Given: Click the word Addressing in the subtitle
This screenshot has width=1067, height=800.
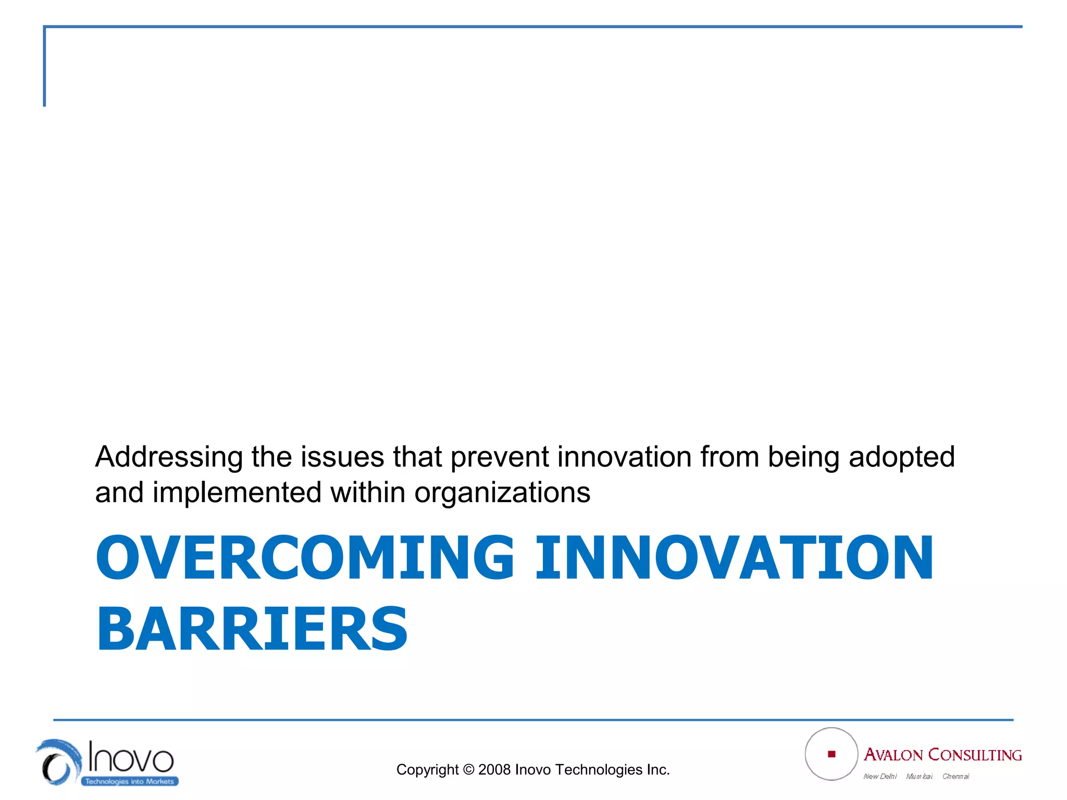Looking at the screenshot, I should tap(169, 457).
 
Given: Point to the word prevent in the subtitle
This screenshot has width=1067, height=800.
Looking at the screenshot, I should tap(500, 457).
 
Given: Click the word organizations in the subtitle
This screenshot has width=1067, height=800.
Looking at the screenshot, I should tap(502, 493).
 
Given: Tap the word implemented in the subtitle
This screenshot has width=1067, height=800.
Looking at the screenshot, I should tap(237, 493).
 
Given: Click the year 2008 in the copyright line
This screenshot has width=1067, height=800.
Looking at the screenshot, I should tap(494, 769).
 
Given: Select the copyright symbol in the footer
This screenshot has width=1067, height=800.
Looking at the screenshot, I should tap(468, 769).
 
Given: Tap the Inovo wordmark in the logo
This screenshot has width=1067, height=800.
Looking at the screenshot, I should tap(130, 757).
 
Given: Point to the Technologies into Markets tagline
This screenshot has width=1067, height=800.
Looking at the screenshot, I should tap(129, 781).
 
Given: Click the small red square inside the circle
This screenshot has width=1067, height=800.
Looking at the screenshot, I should tap(832, 754).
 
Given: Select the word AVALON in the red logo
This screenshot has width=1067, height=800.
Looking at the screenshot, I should tap(893, 755).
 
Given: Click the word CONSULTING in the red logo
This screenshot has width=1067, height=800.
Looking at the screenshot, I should tap(975, 755).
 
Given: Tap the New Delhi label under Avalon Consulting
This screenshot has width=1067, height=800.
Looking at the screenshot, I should tap(880, 776).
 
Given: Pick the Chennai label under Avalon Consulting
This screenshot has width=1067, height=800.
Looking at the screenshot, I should tap(956, 776).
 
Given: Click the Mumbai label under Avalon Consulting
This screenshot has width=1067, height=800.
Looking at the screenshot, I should tap(919, 776).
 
